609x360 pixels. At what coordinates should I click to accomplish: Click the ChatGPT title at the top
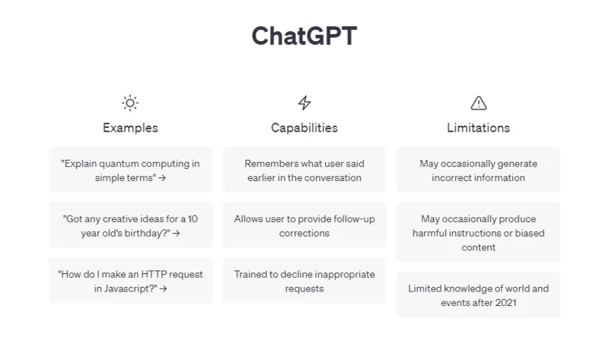(304, 36)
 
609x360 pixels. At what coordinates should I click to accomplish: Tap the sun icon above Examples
(130, 103)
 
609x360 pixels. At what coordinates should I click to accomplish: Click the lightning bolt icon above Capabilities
(304, 103)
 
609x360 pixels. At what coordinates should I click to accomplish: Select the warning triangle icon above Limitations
(479, 103)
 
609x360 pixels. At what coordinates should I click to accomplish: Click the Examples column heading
(130, 128)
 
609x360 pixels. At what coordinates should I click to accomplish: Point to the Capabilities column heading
(304, 128)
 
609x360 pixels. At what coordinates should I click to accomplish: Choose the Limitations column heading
(479, 128)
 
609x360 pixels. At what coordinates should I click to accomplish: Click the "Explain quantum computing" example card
(130, 170)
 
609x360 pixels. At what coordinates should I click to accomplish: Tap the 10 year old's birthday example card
(130, 225)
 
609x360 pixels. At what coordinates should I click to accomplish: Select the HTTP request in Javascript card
(130, 281)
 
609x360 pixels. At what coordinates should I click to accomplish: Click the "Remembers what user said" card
(304, 170)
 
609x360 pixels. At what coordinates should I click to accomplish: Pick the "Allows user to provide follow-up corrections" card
(304, 225)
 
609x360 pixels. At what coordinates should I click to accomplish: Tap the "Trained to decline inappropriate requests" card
(304, 281)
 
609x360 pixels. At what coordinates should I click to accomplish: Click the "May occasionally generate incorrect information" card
(479, 170)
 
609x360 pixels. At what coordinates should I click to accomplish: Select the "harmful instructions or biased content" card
(479, 232)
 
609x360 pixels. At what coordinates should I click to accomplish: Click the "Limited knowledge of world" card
(479, 295)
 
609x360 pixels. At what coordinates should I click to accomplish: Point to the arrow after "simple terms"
(162, 178)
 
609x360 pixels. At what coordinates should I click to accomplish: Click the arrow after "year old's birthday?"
(177, 234)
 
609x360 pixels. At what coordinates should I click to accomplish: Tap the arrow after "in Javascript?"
(163, 289)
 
